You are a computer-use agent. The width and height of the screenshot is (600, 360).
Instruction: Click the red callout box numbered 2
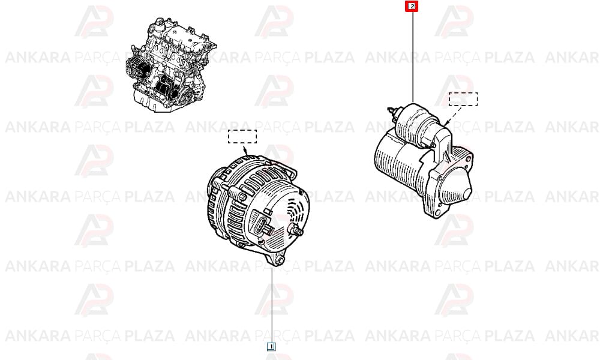(x=412, y=6)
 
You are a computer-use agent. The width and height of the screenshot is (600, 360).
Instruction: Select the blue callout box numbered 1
(x=271, y=347)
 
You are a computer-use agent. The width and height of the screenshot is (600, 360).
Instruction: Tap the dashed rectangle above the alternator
(x=242, y=137)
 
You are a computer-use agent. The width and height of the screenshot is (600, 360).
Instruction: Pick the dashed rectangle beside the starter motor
(x=463, y=99)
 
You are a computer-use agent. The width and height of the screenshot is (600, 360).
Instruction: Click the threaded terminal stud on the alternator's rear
(x=296, y=230)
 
